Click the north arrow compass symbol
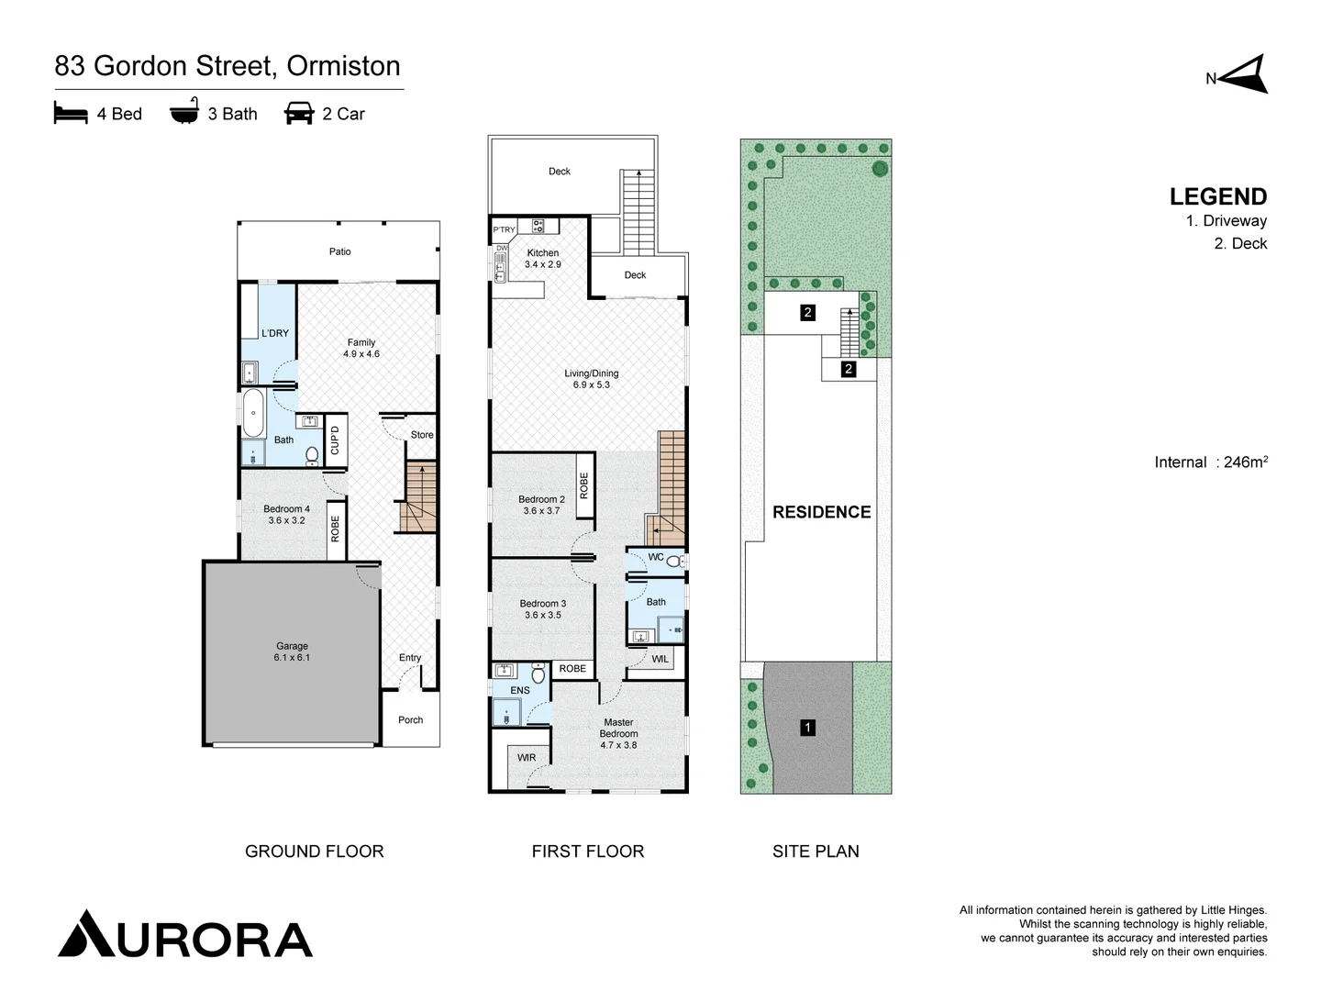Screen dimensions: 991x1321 point(1246,75)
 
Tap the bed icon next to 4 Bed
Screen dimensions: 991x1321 point(71,114)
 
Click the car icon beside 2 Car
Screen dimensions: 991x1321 point(299,114)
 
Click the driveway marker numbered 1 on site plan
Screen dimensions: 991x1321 point(807,728)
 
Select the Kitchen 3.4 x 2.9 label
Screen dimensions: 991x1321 point(542,258)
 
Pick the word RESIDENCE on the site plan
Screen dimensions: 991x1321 point(821,512)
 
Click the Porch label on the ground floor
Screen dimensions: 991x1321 point(410,720)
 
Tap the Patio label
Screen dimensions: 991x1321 point(339,251)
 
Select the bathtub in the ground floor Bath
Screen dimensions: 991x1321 point(252,414)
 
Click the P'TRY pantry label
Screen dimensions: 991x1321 point(505,229)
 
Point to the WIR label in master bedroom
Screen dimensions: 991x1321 point(527,758)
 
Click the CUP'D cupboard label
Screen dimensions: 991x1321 point(335,440)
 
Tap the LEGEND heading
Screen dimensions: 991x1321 point(1217,196)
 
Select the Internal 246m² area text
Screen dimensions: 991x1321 point(1210,462)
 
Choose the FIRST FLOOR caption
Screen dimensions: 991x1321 point(587,852)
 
